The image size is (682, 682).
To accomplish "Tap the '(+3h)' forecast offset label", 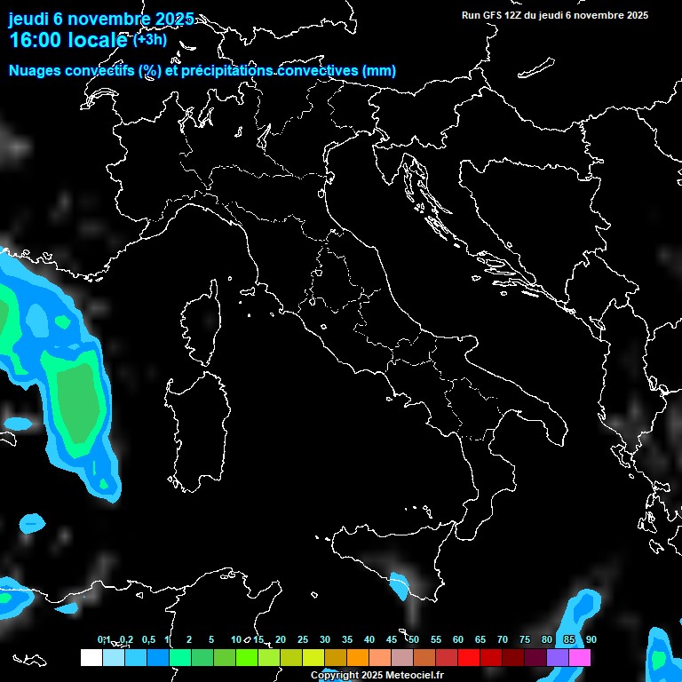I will [x=149, y=39].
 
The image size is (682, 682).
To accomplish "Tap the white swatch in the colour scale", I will [x=91, y=657].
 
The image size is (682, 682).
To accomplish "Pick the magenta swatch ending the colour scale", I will [x=580, y=657].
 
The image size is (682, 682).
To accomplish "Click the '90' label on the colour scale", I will [x=591, y=639].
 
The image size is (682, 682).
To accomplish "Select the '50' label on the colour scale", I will [x=414, y=639].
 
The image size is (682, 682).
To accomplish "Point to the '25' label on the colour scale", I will [x=303, y=639].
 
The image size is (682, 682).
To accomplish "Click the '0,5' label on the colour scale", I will [x=148, y=639].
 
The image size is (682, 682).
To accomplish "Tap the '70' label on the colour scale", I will [x=503, y=639].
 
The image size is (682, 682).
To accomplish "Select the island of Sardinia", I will [x=191, y=426].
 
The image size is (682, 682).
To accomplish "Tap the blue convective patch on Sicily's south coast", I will [x=399, y=584].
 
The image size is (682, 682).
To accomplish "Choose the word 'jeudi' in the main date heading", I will [x=29, y=20].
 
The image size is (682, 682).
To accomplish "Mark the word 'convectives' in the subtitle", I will [x=317, y=71].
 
